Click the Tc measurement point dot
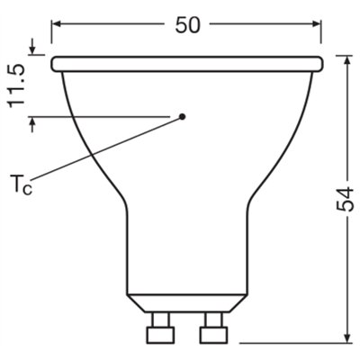click(182, 116)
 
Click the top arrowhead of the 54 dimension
click(348, 61)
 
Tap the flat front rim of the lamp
click(187, 64)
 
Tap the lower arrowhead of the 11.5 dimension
click(33, 122)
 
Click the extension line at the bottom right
click(297, 341)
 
